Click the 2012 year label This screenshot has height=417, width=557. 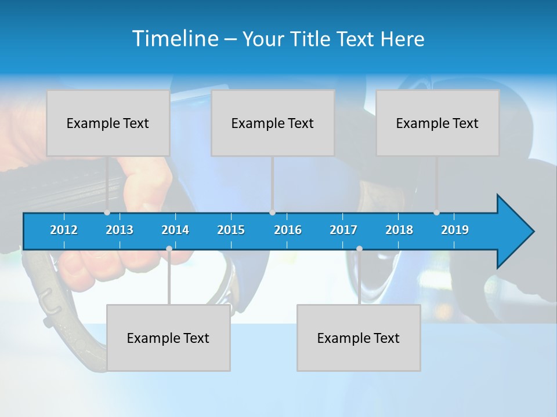[64, 230]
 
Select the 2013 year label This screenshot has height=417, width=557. [120, 230]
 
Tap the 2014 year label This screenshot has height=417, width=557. [175, 230]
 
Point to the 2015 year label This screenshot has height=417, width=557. [231, 230]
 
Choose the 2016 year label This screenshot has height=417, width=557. [288, 230]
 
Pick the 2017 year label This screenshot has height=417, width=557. [343, 230]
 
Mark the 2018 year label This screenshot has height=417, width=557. [399, 230]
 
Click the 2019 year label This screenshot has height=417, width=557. [455, 230]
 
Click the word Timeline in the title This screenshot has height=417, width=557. [175, 38]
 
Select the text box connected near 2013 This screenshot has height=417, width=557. [108, 123]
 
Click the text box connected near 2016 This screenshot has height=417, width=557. [273, 123]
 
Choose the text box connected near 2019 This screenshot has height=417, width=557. [437, 123]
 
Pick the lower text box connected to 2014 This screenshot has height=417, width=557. [168, 338]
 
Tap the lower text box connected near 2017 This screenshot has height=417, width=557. [359, 338]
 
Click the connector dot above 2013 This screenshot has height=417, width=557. [107, 213]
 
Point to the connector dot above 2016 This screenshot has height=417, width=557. [272, 213]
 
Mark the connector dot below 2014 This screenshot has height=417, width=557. [169, 248]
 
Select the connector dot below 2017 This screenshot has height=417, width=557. [359, 248]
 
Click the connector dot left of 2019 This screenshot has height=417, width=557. [437, 213]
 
